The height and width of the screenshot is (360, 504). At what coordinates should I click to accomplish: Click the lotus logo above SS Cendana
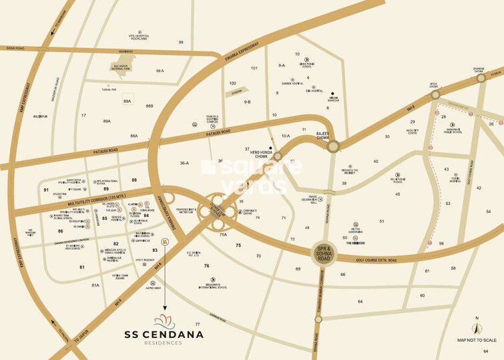click(164, 321)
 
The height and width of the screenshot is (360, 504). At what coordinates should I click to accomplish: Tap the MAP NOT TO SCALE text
click(475, 340)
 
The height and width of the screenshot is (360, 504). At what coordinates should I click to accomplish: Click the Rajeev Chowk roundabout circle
click(333, 146)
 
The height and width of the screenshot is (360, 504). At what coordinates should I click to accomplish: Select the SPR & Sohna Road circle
click(322, 254)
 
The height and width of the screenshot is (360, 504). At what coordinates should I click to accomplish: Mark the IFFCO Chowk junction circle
click(436, 96)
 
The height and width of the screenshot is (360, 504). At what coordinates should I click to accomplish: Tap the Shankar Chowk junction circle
click(481, 79)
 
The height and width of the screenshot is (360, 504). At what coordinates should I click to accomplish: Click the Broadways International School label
click(208, 287)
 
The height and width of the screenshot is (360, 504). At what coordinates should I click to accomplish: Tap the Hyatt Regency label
click(145, 260)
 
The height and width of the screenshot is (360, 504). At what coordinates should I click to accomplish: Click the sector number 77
click(197, 323)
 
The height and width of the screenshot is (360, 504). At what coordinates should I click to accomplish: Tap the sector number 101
click(254, 68)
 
